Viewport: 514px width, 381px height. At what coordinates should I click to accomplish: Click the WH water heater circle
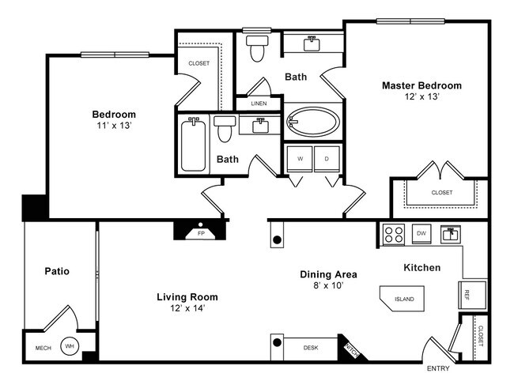point(69,346)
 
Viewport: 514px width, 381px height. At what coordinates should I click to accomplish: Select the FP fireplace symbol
point(200,233)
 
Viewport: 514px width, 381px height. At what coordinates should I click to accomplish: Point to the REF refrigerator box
point(467,294)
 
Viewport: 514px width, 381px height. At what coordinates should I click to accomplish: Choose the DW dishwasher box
point(422,233)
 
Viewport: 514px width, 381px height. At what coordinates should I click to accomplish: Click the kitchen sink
point(451,233)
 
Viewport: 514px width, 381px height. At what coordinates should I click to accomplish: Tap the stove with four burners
point(393,233)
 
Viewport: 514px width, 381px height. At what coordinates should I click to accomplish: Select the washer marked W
point(300,158)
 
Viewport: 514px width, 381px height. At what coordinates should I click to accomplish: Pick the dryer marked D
point(326,158)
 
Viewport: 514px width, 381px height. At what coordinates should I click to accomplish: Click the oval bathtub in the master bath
point(313,123)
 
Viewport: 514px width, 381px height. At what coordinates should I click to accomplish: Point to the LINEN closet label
point(259,104)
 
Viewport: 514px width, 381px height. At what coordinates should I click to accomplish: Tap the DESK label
point(311,347)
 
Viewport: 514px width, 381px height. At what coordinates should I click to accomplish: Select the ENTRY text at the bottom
point(439,369)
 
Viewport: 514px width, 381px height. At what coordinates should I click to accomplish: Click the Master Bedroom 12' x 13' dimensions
point(421,96)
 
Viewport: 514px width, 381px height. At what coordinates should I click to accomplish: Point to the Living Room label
point(187,297)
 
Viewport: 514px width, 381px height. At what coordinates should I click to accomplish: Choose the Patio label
point(57,271)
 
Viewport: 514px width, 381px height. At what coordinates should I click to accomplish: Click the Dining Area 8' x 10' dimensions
point(328,286)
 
